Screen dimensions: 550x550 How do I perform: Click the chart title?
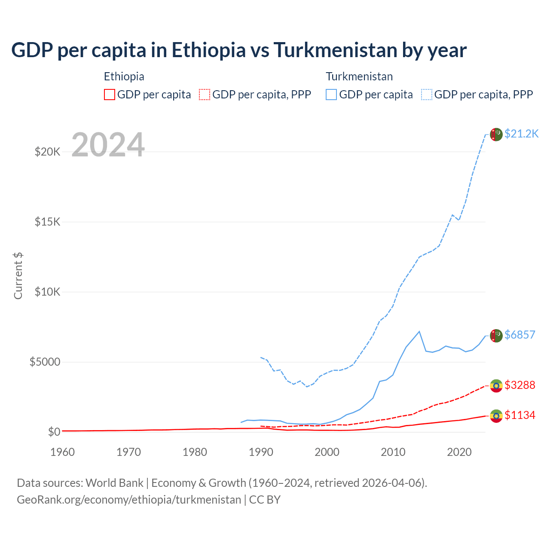click(239, 50)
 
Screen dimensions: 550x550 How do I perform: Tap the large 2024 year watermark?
click(108, 145)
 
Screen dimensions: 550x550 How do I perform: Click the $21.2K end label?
click(521, 134)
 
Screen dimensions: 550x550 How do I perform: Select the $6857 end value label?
click(519, 335)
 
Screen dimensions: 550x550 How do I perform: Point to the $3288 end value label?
click(519, 385)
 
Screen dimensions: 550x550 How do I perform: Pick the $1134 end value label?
click(519, 415)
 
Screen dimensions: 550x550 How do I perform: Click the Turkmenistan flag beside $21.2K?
click(496, 134)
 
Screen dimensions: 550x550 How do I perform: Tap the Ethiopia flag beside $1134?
click(496, 416)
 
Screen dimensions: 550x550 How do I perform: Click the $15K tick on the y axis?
click(47, 222)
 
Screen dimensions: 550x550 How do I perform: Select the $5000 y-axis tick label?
click(45, 362)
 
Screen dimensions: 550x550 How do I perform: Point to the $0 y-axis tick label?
click(54, 432)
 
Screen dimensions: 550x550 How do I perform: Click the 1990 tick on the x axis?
click(261, 452)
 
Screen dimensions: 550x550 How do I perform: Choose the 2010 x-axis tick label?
click(393, 452)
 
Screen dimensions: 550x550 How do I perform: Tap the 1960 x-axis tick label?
click(63, 452)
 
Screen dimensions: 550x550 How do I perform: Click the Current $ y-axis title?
click(18, 276)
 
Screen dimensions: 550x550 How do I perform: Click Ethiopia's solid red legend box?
click(110, 95)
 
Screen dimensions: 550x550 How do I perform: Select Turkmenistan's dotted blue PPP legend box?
click(427, 95)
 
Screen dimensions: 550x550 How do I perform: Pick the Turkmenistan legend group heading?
click(359, 76)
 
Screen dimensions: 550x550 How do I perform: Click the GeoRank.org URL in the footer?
click(129, 500)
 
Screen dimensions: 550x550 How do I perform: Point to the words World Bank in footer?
click(114, 483)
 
